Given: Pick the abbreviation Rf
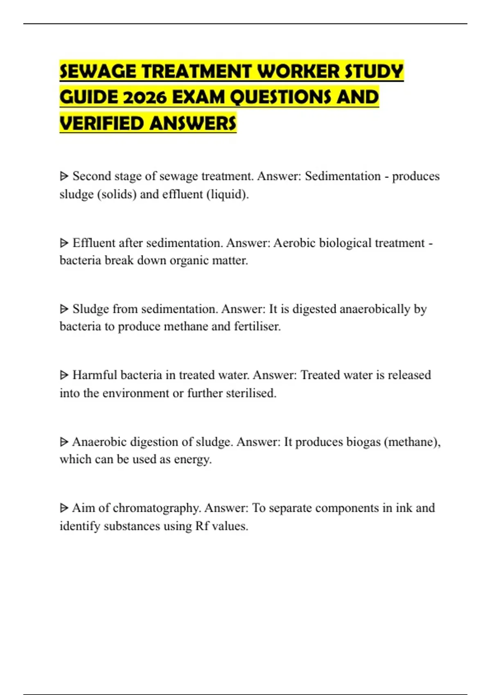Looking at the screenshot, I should pyautogui.click(x=202, y=526).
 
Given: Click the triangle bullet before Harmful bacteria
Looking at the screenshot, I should pyautogui.click(x=64, y=375).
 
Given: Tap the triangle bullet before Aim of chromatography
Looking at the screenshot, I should pyautogui.click(x=64, y=508).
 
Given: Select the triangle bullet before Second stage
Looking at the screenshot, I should pyautogui.click(x=64, y=176).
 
